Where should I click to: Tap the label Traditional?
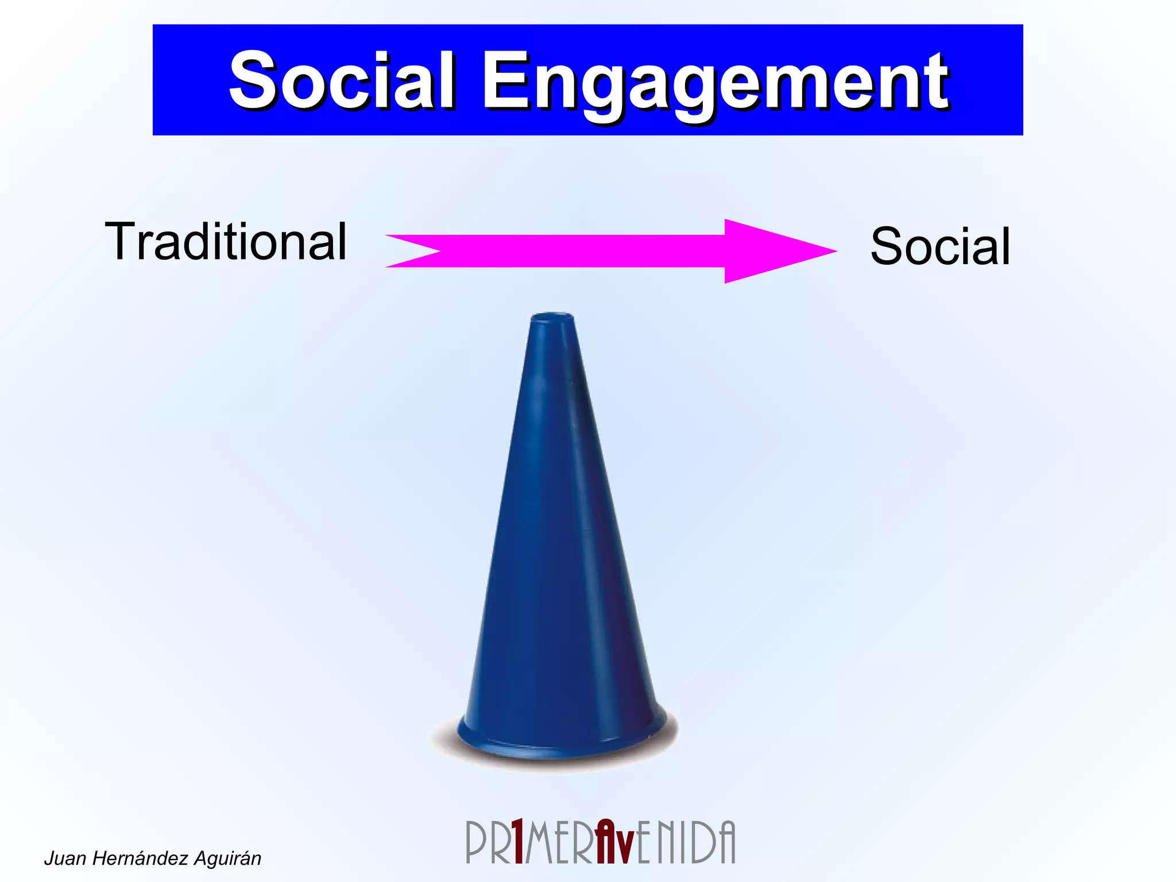226,242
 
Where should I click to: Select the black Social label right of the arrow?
940,246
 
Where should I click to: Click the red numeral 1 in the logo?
518,842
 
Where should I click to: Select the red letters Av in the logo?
614,842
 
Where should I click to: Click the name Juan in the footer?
65,858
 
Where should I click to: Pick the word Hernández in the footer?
140,858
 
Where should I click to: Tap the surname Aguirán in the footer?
227,858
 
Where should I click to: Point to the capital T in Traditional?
122,241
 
